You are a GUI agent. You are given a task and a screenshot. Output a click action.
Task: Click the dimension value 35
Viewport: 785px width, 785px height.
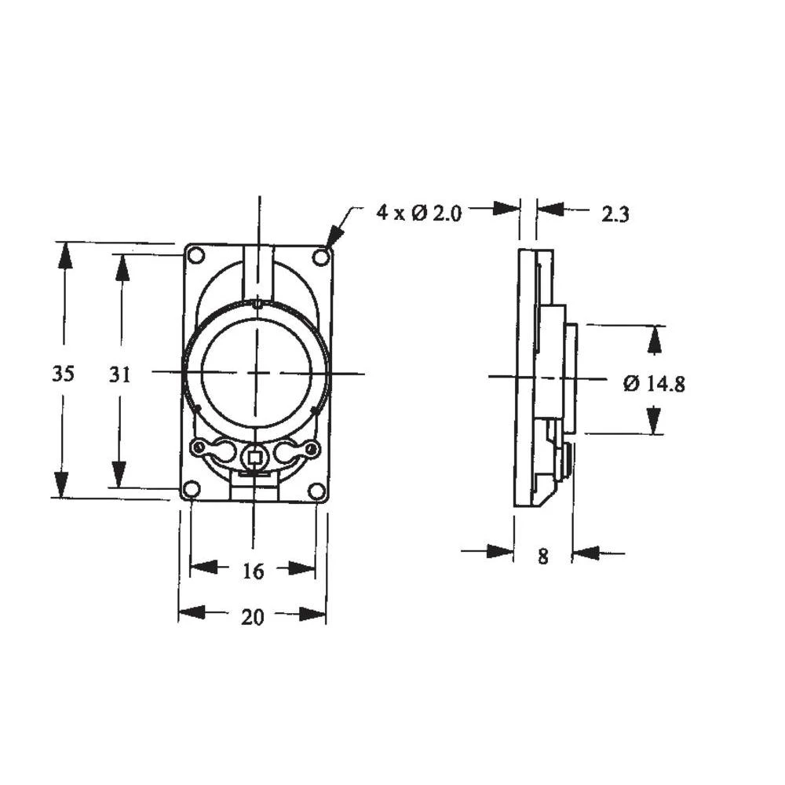coord(64,374)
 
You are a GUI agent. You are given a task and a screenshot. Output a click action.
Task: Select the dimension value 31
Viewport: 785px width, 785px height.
coord(119,375)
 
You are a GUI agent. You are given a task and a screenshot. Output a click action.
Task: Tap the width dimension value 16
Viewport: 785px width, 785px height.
coord(252,571)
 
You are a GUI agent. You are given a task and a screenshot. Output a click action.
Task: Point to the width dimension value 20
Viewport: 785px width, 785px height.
coord(252,617)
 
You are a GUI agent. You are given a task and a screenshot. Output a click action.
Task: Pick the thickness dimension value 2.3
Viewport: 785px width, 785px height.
coord(615,214)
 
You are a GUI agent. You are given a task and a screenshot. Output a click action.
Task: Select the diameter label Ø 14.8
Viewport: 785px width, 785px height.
coord(654,384)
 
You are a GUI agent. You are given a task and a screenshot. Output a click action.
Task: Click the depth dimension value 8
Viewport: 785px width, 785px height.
coord(542,557)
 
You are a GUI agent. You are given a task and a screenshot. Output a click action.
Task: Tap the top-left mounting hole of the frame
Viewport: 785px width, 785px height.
coord(196,254)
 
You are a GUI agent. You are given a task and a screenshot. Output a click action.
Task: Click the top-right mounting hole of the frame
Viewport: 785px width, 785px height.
coord(319,257)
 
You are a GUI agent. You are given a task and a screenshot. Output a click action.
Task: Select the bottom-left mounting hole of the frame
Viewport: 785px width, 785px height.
coord(191,490)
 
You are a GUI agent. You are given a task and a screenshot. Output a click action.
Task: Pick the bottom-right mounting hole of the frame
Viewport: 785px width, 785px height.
coord(316,491)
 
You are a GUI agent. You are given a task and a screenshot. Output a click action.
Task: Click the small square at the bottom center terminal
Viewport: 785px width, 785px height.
coord(254,455)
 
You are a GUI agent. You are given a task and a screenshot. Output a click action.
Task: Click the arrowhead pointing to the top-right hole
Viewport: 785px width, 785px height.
coord(334,236)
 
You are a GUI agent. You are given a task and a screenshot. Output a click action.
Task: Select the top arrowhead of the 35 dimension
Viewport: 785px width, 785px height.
coord(64,255)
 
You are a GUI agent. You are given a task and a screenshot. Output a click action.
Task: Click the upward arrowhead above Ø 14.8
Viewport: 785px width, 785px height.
coord(654,339)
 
